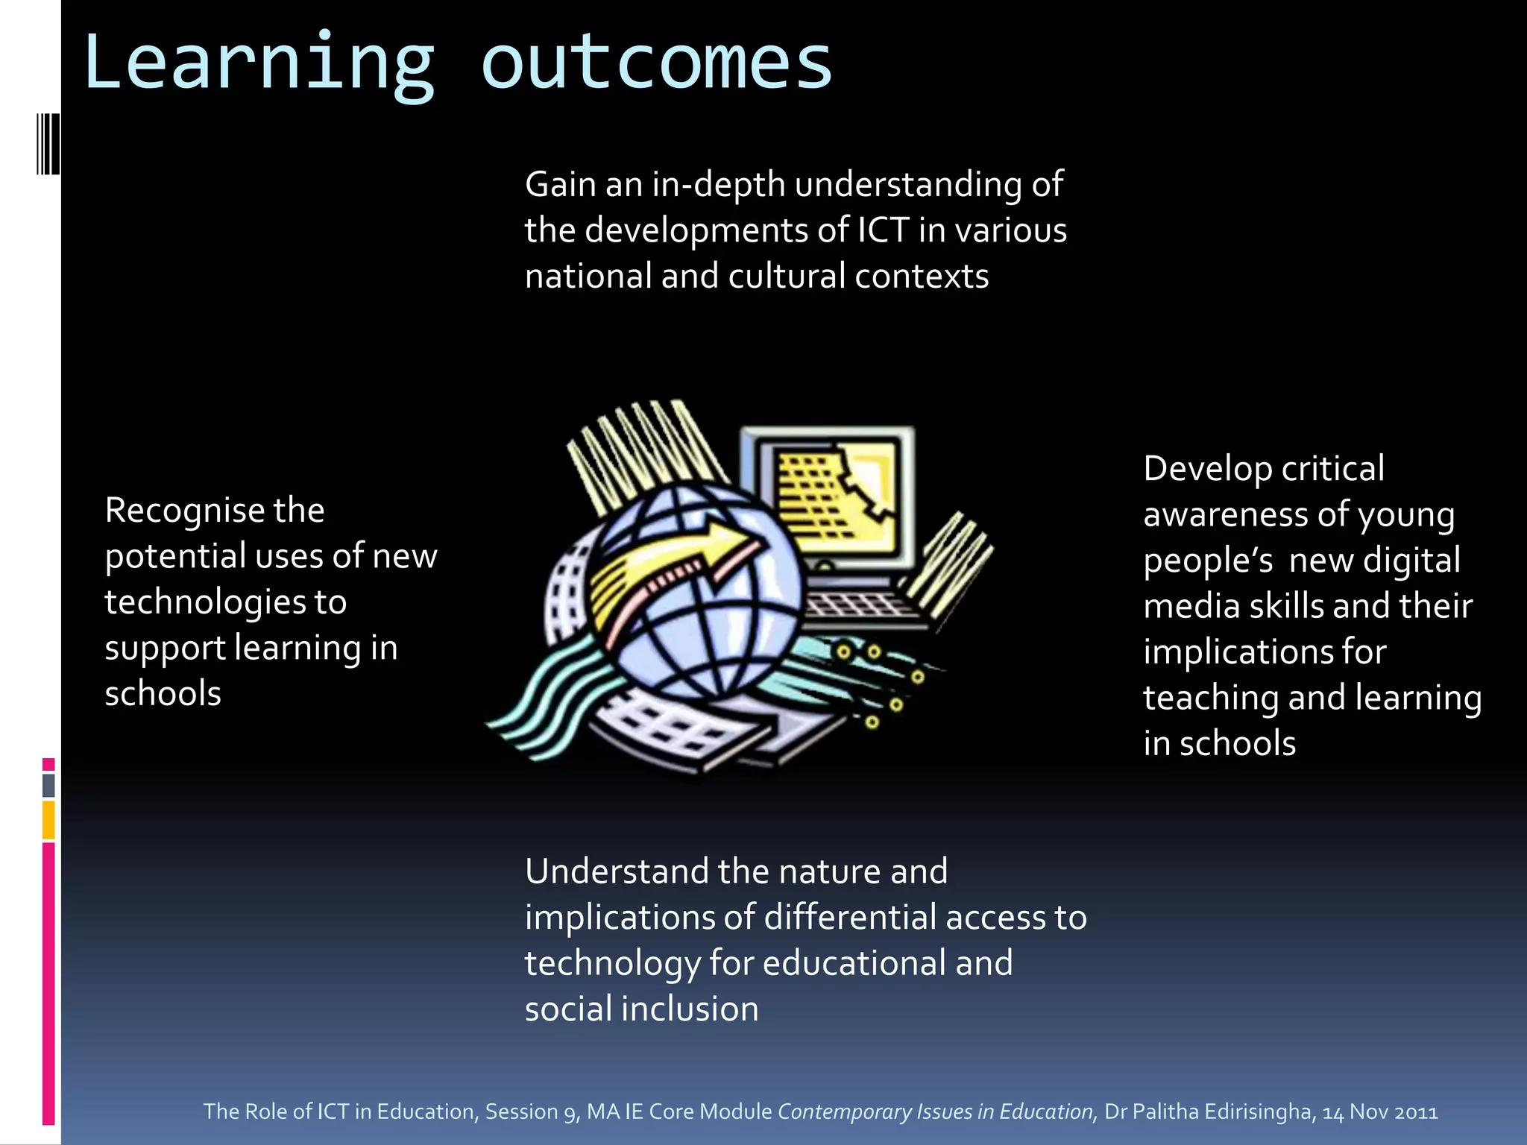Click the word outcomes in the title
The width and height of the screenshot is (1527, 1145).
click(x=656, y=63)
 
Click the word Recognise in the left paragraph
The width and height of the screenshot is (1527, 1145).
click(x=184, y=511)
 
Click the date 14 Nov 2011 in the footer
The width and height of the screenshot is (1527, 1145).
click(x=1379, y=1111)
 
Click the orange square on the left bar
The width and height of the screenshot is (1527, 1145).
click(x=48, y=820)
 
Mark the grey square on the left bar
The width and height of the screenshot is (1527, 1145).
click(x=48, y=785)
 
